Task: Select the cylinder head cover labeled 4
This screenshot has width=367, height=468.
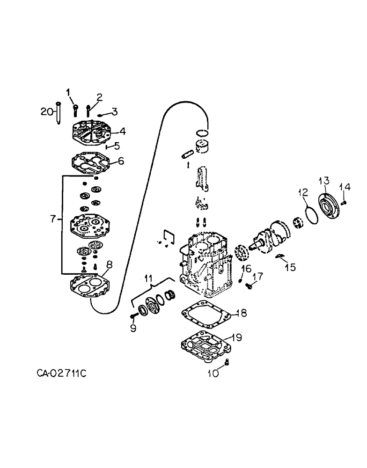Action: (89, 134)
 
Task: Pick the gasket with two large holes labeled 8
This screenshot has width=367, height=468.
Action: (89, 285)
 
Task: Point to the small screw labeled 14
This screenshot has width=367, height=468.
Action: (343, 202)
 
